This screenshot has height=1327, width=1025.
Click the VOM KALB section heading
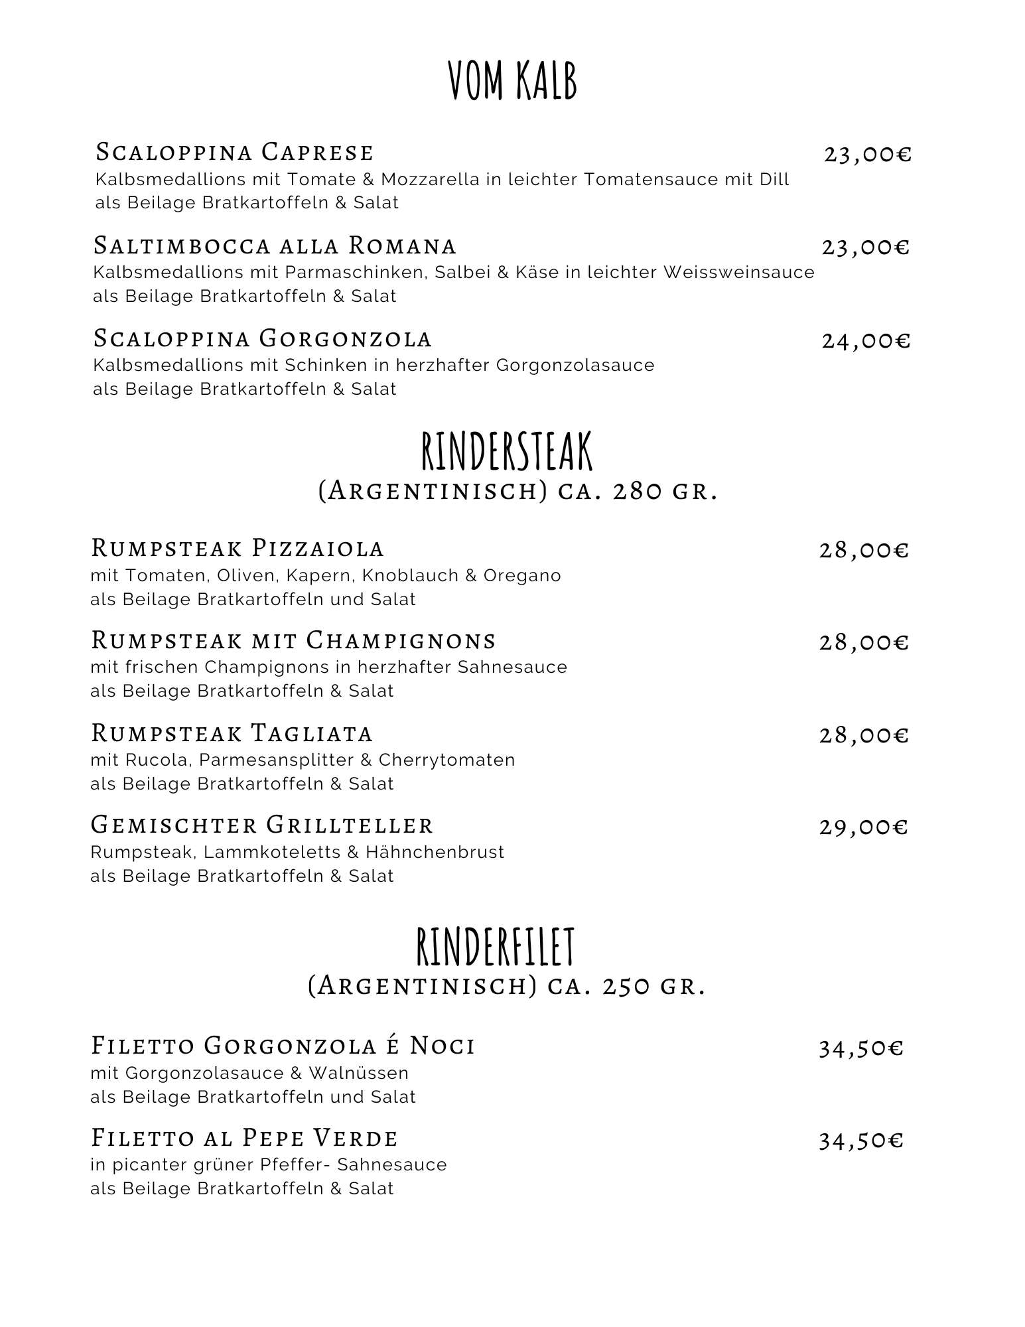pyautogui.click(x=512, y=80)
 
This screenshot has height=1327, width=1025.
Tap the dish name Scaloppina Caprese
pyautogui.click(x=234, y=152)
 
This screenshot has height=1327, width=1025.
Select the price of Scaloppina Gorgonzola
pyautogui.click(x=866, y=340)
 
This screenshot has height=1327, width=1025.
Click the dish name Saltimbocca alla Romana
pyautogui.click(x=275, y=245)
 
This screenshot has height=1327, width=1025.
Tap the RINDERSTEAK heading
pyautogui.click(x=507, y=452)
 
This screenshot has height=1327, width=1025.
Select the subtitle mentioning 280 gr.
pyautogui.click(x=517, y=492)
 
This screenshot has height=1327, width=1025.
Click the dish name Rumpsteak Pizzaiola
pyautogui.click(x=237, y=548)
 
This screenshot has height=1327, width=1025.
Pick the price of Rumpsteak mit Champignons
pyautogui.click(x=863, y=642)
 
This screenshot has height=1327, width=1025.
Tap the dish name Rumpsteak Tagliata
pyautogui.click(x=232, y=733)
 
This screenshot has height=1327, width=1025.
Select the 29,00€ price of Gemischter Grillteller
pyautogui.click(x=863, y=827)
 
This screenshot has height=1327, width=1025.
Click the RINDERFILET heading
pyautogui.click(x=495, y=947)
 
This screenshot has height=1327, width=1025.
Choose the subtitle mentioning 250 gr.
pyautogui.click(x=506, y=986)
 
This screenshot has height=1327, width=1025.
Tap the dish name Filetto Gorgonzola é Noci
pyautogui.click(x=283, y=1046)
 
